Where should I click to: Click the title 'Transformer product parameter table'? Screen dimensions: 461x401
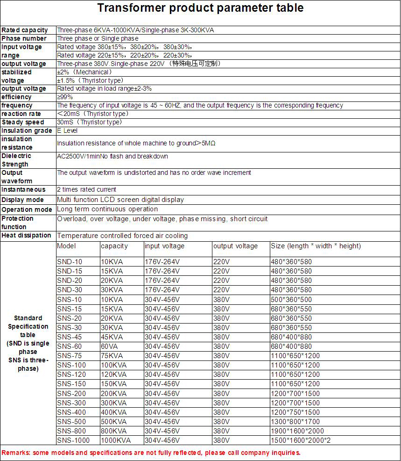(x=200, y=8)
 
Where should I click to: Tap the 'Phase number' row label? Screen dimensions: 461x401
(x=24, y=38)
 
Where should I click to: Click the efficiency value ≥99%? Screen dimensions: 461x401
(x=65, y=97)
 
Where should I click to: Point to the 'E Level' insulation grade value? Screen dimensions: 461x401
(x=67, y=130)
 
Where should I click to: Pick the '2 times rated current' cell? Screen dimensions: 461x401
(x=86, y=189)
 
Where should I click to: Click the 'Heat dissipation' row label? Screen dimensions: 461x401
(x=26, y=235)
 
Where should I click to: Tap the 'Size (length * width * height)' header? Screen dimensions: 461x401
(x=316, y=246)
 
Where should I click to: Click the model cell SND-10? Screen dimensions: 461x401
(x=70, y=262)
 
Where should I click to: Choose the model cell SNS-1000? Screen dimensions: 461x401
(x=73, y=440)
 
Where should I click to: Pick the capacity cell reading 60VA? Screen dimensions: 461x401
(x=110, y=346)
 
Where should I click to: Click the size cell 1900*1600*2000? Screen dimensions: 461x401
(x=297, y=431)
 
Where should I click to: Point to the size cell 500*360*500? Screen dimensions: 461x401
(x=291, y=299)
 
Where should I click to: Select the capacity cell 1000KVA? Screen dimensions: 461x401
(x=116, y=440)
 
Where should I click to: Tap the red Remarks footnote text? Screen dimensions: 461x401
(x=151, y=453)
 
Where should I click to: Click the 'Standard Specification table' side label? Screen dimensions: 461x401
(x=28, y=343)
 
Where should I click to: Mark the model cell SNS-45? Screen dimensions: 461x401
(x=70, y=337)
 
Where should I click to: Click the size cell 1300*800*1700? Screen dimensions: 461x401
(x=295, y=422)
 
